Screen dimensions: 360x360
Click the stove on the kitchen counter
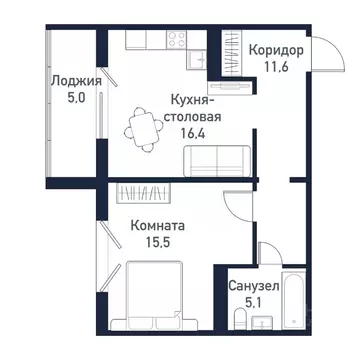[x=178, y=40]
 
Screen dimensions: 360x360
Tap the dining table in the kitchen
[x=140, y=130]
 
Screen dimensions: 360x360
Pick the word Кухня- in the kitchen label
[x=190, y=100]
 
